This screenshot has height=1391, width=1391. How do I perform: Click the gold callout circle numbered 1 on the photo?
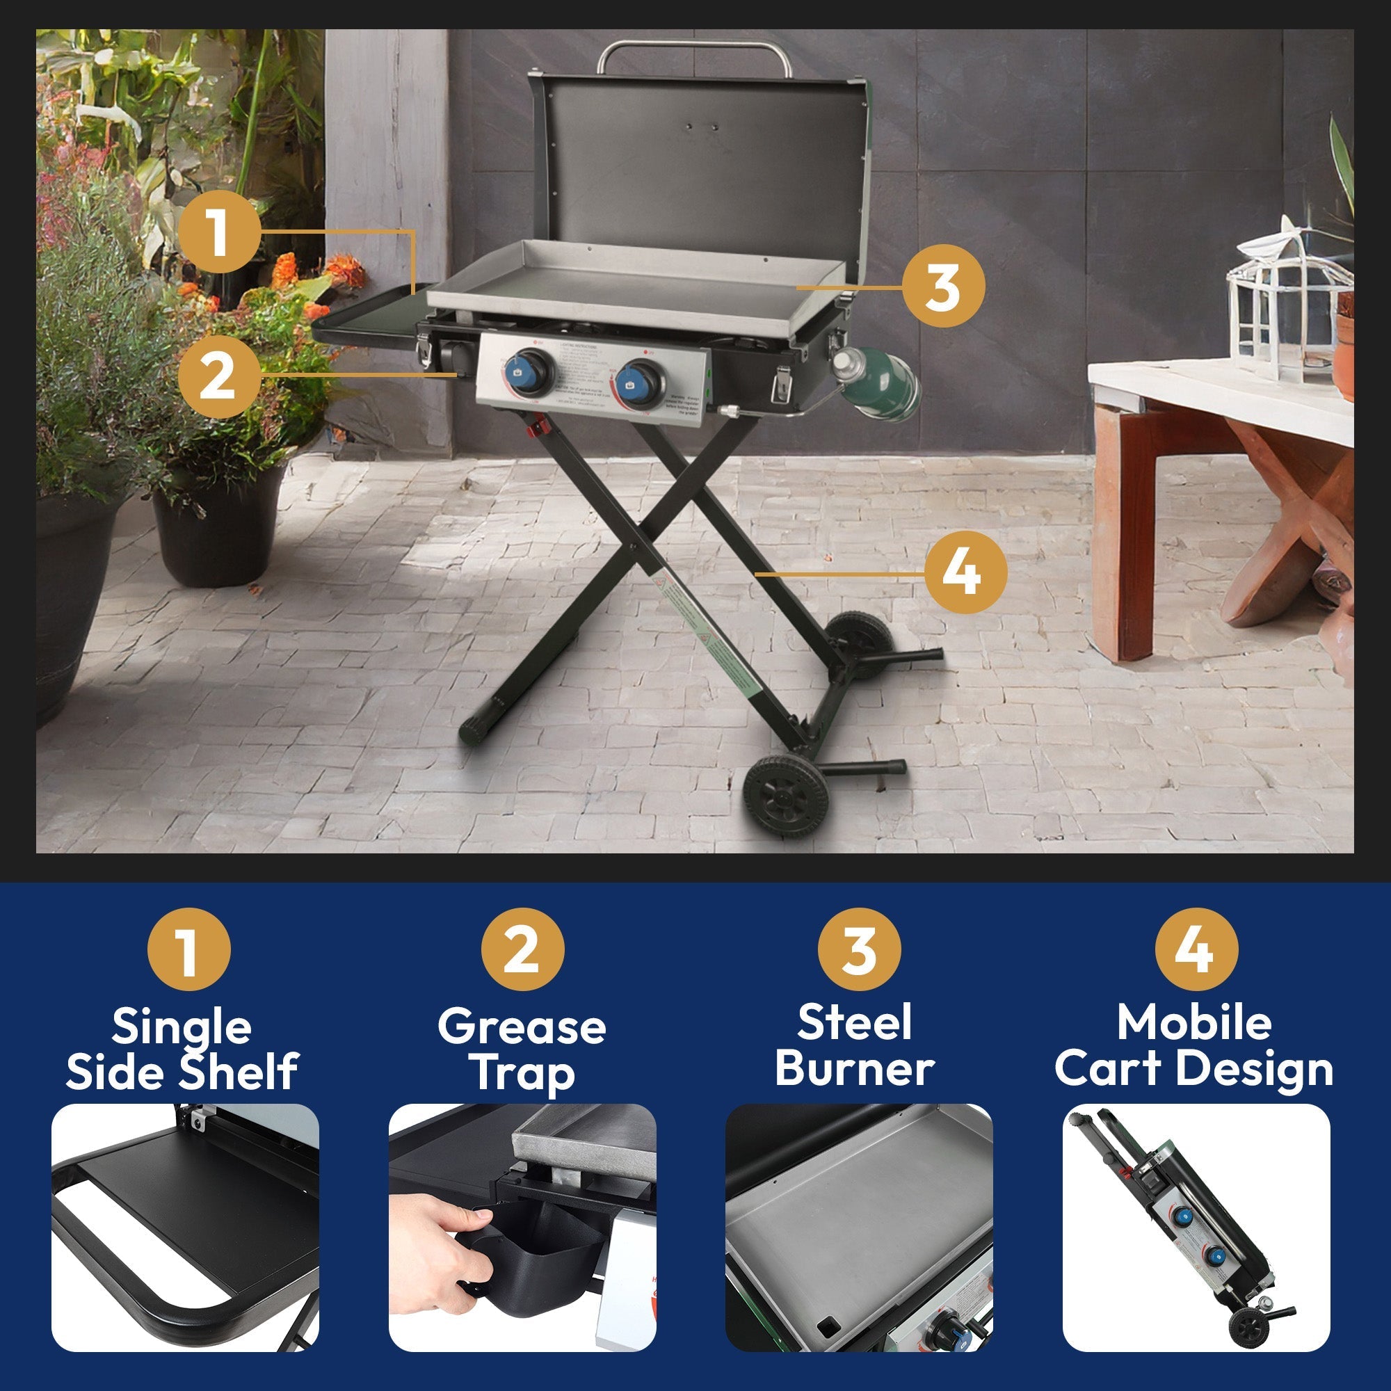point(219,232)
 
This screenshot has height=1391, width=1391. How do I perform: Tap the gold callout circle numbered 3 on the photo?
point(942,287)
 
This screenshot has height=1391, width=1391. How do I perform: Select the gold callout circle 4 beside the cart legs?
point(965,573)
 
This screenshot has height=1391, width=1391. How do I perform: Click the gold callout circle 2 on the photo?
point(219,376)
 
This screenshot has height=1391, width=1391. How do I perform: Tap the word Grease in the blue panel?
point(522,1027)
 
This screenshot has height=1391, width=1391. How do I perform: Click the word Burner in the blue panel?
point(855,1068)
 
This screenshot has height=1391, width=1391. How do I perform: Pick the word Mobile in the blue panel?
point(1194,1022)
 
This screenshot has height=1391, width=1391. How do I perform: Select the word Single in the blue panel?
point(182,1027)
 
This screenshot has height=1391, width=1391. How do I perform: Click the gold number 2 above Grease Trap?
point(522,949)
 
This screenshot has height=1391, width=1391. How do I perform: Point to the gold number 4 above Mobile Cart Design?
point(1196,949)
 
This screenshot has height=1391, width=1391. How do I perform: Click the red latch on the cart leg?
point(535,430)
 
